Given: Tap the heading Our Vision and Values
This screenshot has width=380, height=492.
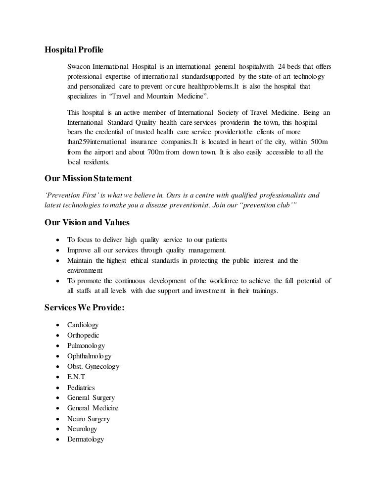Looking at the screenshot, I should (x=84, y=222).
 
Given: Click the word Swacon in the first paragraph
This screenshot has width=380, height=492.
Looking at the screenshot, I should (x=79, y=67).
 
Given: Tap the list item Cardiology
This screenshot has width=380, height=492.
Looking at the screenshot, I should (x=83, y=325).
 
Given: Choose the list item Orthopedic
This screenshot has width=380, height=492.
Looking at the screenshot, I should (x=83, y=335).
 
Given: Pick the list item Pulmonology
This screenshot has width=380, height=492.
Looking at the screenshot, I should (x=86, y=346).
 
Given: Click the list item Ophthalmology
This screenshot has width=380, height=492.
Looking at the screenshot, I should (x=89, y=356).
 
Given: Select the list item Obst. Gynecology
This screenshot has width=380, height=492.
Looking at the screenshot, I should (x=93, y=367).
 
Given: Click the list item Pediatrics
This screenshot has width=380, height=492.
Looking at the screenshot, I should (x=81, y=388).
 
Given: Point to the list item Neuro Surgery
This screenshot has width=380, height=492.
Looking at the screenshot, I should (x=89, y=419).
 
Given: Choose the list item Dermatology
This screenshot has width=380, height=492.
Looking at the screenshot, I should (x=86, y=440).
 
